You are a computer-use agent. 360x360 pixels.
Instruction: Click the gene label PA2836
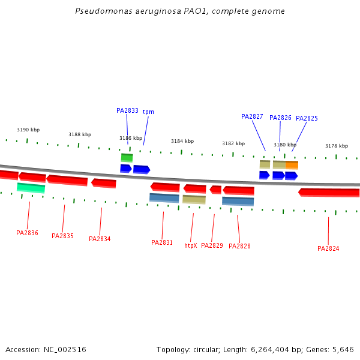(x=27, y=233)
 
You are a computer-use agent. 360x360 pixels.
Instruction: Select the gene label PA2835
(x=62, y=236)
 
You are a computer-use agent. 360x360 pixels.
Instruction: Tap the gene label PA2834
(x=100, y=239)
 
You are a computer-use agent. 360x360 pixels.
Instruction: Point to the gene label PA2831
(x=162, y=242)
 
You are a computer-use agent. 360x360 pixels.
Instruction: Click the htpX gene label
(x=191, y=245)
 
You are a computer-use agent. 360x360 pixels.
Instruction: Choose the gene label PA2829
(x=212, y=245)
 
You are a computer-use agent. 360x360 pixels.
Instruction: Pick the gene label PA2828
(x=239, y=246)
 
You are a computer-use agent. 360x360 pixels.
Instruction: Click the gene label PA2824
(x=328, y=248)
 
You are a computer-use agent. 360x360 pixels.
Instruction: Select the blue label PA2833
(x=127, y=110)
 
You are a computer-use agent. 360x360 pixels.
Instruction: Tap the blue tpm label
(x=148, y=112)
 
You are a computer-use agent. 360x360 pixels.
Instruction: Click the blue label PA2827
(x=252, y=116)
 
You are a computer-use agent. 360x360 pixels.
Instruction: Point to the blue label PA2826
(x=280, y=118)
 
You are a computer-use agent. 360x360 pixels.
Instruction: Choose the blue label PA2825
(x=307, y=118)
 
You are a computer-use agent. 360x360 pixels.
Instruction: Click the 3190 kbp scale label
(x=28, y=130)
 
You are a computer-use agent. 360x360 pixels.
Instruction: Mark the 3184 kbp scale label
(x=182, y=141)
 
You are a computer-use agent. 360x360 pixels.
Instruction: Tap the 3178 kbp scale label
(x=337, y=146)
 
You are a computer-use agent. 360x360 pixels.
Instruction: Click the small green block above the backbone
(x=127, y=157)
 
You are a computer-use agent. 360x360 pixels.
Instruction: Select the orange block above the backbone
(x=292, y=164)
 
